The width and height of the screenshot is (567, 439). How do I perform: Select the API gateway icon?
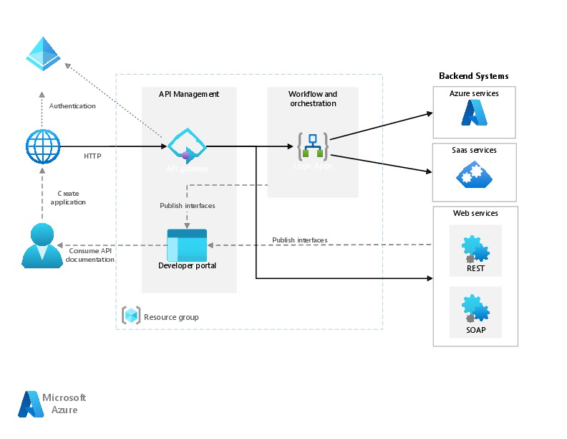[x=187, y=146]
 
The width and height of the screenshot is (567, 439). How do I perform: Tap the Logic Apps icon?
[x=313, y=146]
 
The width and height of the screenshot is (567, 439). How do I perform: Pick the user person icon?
[x=42, y=245]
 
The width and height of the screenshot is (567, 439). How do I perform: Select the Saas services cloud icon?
[x=474, y=174]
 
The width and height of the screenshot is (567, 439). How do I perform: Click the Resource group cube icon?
[x=131, y=316]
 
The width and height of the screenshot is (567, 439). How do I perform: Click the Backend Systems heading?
[x=473, y=76]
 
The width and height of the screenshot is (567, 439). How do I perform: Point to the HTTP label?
[x=92, y=156]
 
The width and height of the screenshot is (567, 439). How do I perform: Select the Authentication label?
[x=72, y=106]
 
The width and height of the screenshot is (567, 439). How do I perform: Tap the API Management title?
[x=189, y=94]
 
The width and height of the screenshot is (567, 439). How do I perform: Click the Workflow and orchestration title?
[x=313, y=99]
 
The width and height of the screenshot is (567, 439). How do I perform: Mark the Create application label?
[x=69, y=198]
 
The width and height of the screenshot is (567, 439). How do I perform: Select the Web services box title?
[x=475, y=213]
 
